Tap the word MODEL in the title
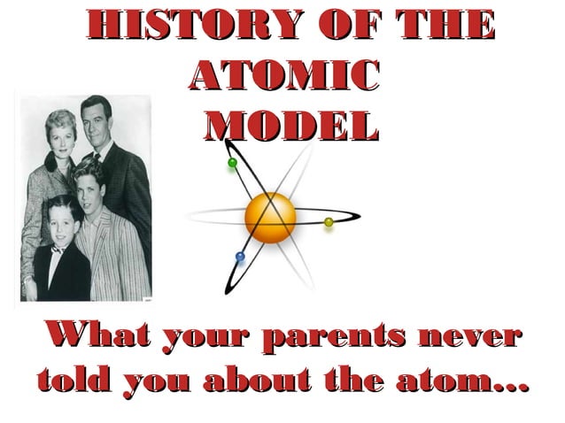tap(287, 127)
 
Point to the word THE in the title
tap(443, 27)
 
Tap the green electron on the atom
tap(233, 163)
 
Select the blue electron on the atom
tap(239, 258)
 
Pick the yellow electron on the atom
tap(329, 221)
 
